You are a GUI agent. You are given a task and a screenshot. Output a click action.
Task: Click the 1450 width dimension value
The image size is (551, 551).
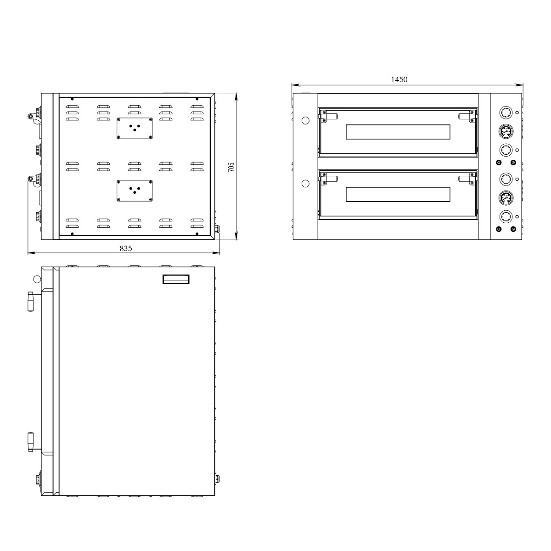399,79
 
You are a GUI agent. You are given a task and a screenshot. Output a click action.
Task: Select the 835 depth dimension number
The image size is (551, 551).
126,248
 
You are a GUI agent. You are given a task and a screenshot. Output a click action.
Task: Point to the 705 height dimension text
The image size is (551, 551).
231,167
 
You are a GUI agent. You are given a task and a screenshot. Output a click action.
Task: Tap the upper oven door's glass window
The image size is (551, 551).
398,132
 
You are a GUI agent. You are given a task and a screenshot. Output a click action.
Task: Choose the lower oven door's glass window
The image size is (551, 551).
398,194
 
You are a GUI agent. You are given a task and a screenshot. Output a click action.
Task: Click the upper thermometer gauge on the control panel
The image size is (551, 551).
506,131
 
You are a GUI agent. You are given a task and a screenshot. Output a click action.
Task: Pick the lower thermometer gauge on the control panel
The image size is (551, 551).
506,197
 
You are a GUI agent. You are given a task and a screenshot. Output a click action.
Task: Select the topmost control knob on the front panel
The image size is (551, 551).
506,112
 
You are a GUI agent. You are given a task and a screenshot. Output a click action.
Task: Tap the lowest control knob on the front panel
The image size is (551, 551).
506,216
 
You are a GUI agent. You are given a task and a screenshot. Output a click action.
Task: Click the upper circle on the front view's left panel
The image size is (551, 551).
305,120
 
